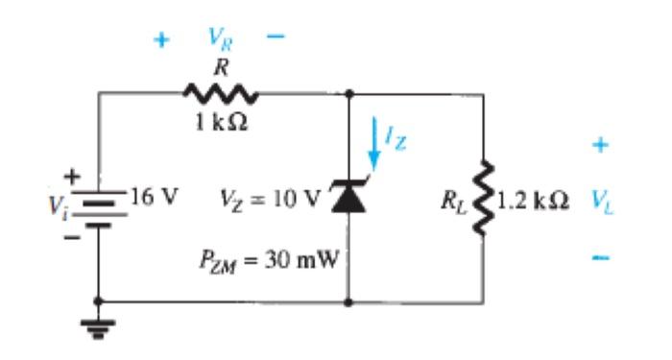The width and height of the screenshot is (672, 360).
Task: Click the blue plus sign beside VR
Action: [161, 40]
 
